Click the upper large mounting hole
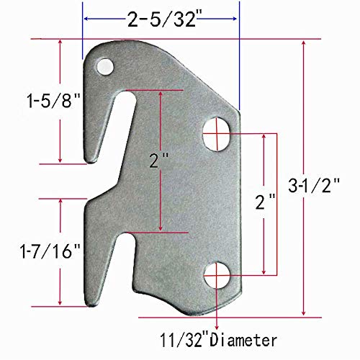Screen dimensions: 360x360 pos(216,134)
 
